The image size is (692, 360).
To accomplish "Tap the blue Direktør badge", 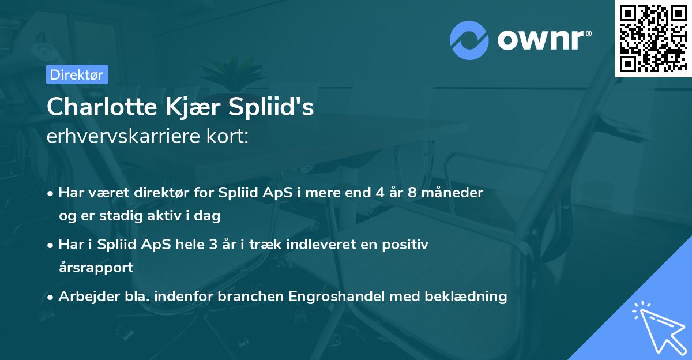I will (76, 74).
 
